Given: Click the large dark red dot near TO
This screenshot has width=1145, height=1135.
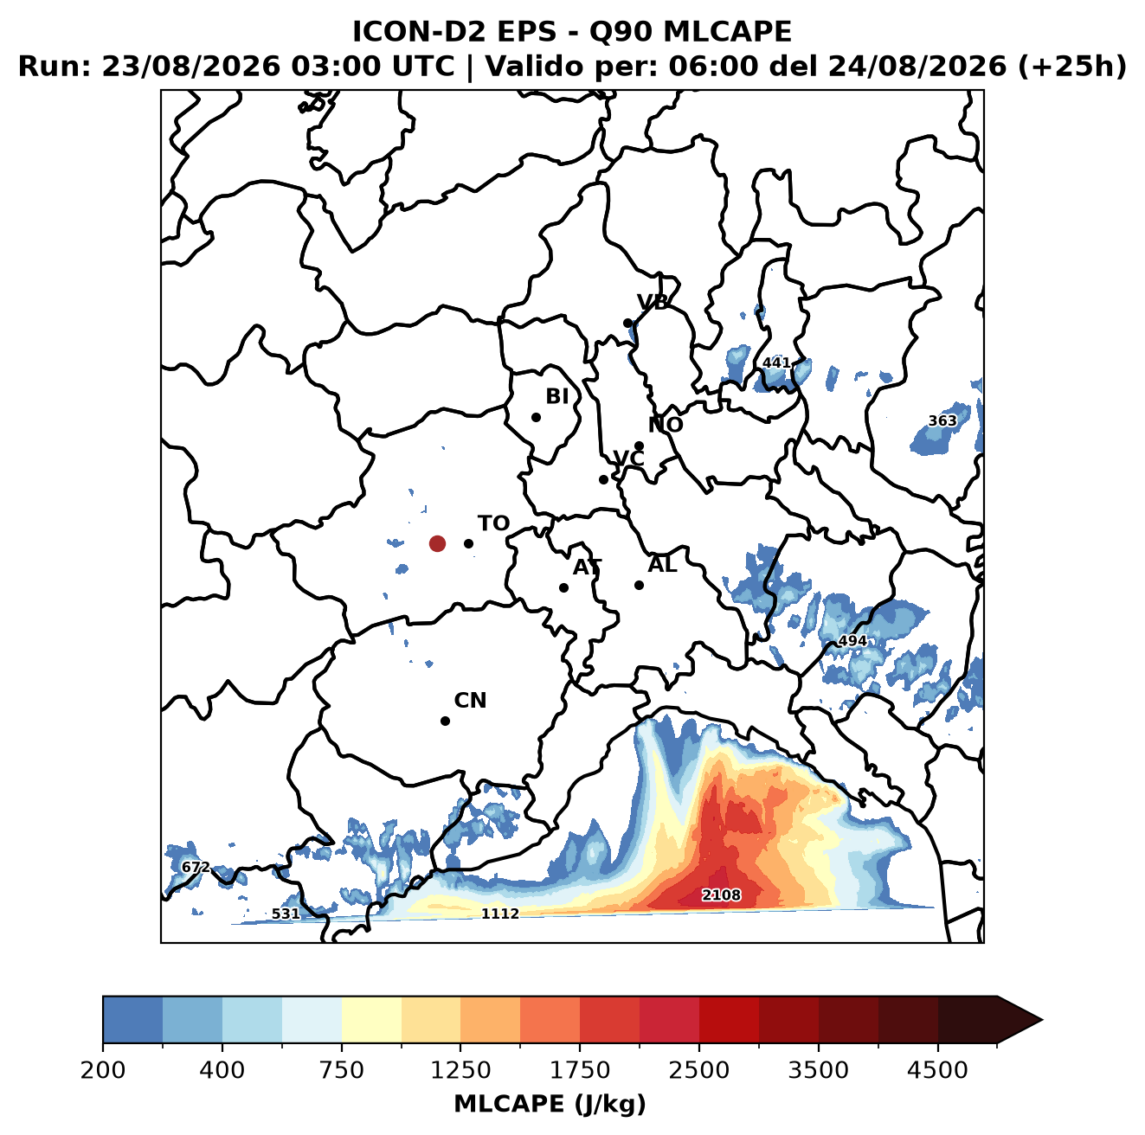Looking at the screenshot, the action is [x=437, y=543].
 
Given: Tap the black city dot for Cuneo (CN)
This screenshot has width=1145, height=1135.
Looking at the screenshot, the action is [x=445, y=721].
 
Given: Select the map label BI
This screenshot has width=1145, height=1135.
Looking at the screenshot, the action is [x=556, y=396].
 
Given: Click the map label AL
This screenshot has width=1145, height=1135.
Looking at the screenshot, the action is [x=663, y=564].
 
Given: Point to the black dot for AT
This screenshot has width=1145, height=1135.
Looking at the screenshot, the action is [x=564, y=588].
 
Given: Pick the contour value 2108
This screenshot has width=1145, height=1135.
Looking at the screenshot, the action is [x=721, y=895].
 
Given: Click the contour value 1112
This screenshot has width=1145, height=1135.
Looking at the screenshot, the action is [x=499, y=914].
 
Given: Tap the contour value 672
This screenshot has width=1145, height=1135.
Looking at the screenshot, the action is [x=196, y=867].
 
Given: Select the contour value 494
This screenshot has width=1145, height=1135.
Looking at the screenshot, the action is [x=852, y=641].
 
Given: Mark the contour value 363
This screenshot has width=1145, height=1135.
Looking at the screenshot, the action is [x=942, y=420].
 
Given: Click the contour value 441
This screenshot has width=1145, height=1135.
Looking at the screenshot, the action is [x=776, y=362].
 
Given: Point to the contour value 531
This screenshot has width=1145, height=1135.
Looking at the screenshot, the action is [x=286, y=914].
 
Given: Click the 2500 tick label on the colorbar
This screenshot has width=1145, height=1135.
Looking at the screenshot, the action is [x=698, y=1070].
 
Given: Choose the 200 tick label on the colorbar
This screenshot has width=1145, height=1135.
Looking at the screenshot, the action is [x=103, y=1070].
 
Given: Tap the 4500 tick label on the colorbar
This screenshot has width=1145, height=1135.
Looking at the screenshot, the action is [x=937, y=1070].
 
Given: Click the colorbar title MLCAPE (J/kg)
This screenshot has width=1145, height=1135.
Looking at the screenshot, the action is [x=550, y=1104].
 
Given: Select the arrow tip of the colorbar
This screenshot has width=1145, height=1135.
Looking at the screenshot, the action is [x=1042, y=1021].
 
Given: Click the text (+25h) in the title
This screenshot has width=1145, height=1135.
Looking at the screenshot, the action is [x=1072, y=66].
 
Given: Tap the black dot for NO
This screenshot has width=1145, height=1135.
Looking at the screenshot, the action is [x=639, y=446].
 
